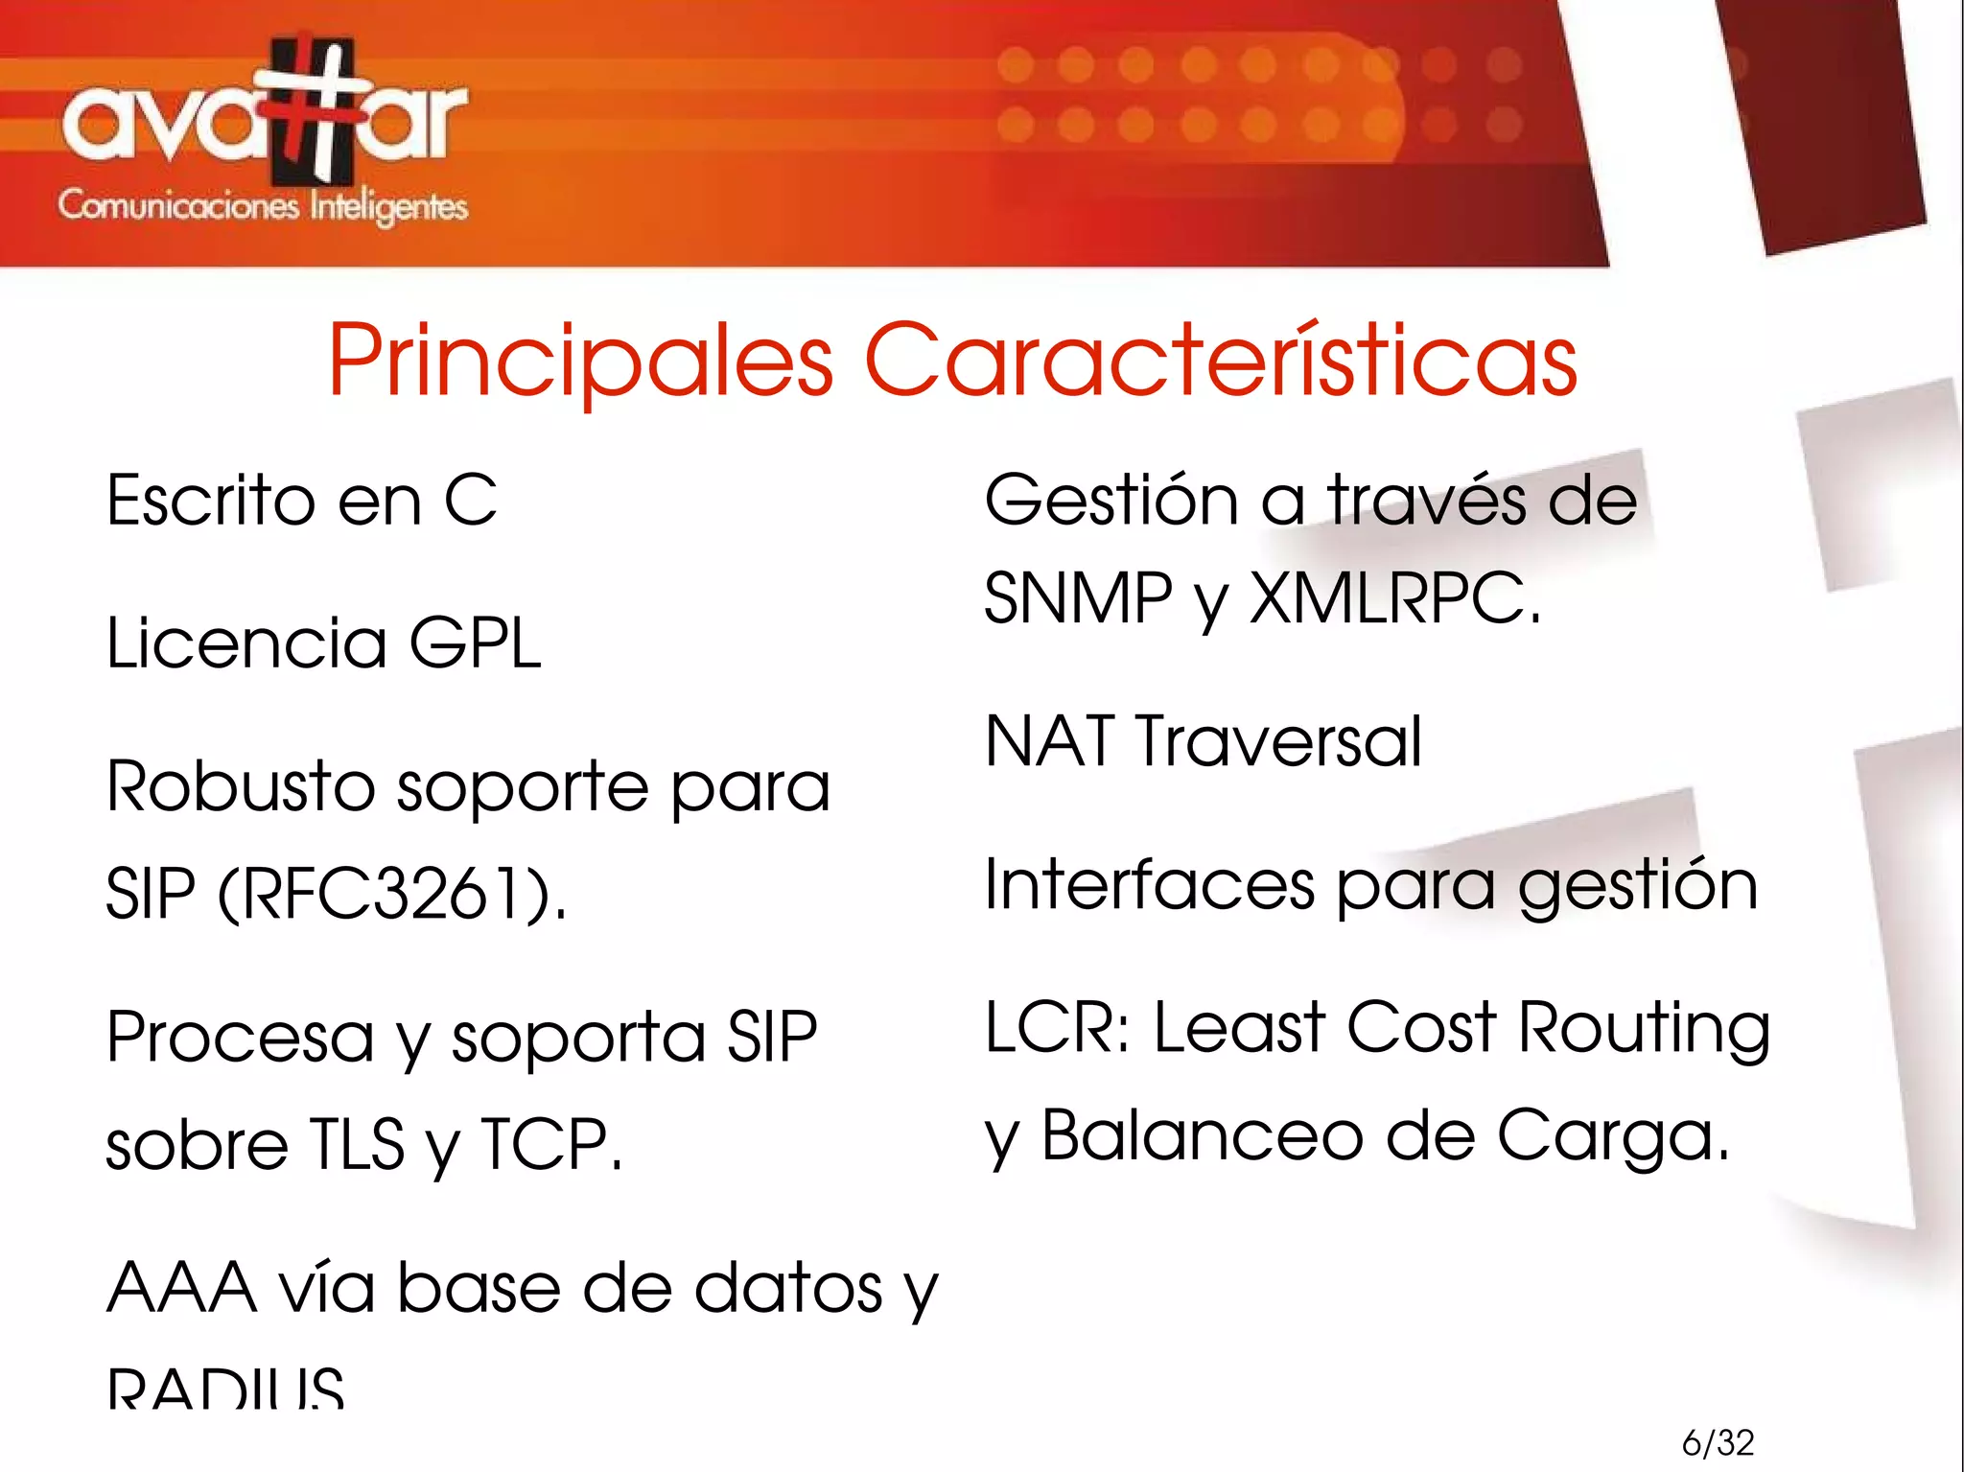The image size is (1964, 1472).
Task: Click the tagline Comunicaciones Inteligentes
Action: pos(263,206)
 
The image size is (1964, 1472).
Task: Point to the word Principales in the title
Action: pos(580,361)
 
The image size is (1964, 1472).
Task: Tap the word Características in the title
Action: pos(1220,361)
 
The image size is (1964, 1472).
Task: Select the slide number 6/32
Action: pos(1718,1442)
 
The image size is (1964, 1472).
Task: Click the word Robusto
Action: pos(240,786)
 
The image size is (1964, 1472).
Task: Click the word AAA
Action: pos(181,1288)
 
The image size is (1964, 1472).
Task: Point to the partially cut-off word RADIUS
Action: pos(225,1387)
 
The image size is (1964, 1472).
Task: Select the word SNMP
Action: pos(1078,598)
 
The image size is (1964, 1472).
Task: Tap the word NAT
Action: pos(1050,741)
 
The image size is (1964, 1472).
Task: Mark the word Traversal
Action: pos(1278,741)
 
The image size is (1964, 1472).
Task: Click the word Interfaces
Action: pos(1150,884)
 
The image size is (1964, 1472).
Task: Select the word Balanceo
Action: pos(1203,1135)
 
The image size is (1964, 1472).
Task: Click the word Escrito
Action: pos(210,501)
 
